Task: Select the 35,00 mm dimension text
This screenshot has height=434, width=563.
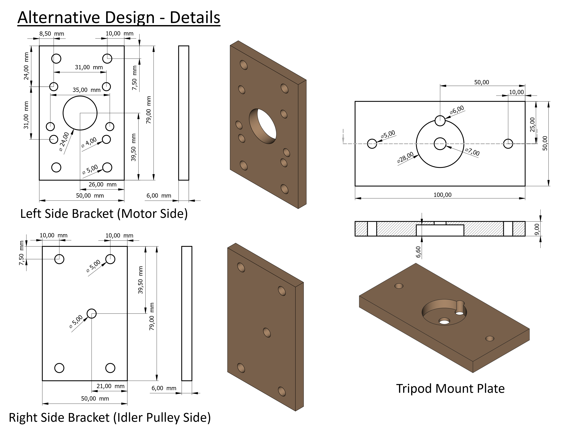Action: point(86,90)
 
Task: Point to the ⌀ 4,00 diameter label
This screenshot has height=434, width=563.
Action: point(89,142)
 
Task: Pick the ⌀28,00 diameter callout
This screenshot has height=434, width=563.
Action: point(405,157)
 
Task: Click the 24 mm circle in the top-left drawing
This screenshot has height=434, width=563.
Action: point(80,113)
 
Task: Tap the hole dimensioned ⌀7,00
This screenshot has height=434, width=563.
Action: point(440,144)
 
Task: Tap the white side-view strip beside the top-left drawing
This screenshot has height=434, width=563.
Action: point(184,113)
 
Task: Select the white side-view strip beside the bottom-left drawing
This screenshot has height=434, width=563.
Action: point(187,313)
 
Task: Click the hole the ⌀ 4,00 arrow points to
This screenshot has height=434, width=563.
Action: point(107,139)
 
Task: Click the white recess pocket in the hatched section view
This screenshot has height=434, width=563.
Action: point(440,230)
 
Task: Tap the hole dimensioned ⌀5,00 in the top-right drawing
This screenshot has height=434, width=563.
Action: point(372,144)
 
